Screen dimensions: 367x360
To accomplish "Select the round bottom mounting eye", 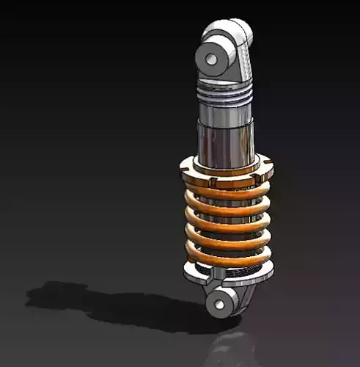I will coord(220,302).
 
